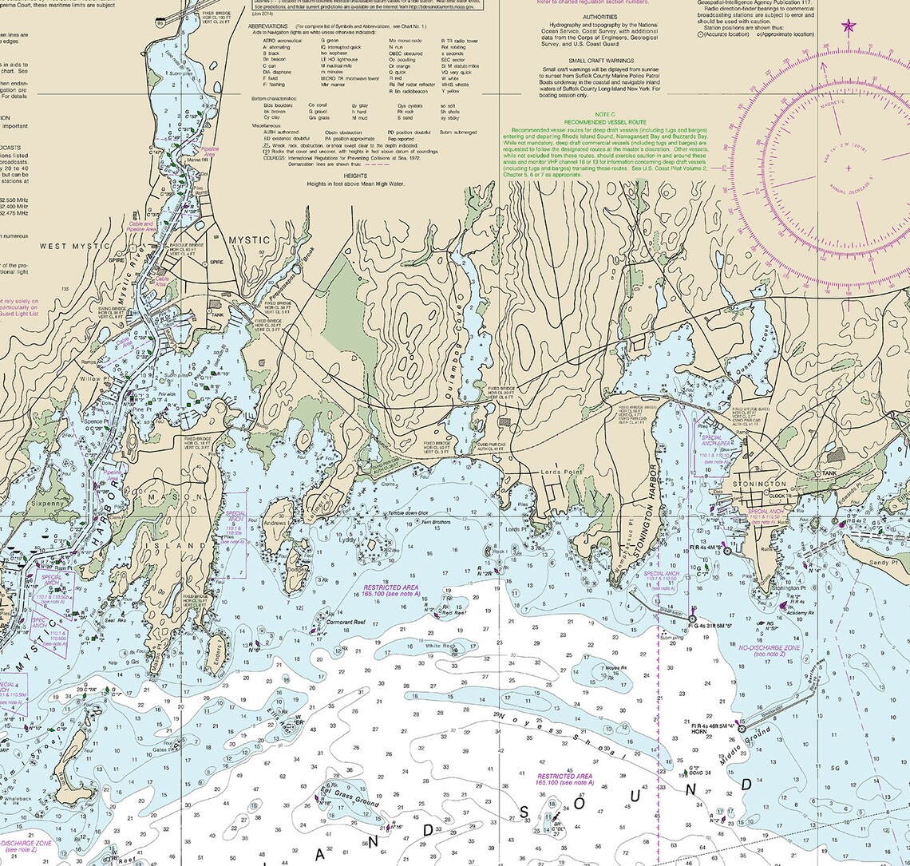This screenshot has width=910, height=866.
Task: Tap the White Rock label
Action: (x=439, y=646)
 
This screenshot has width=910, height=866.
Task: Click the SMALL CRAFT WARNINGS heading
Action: (x=599, y=61)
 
